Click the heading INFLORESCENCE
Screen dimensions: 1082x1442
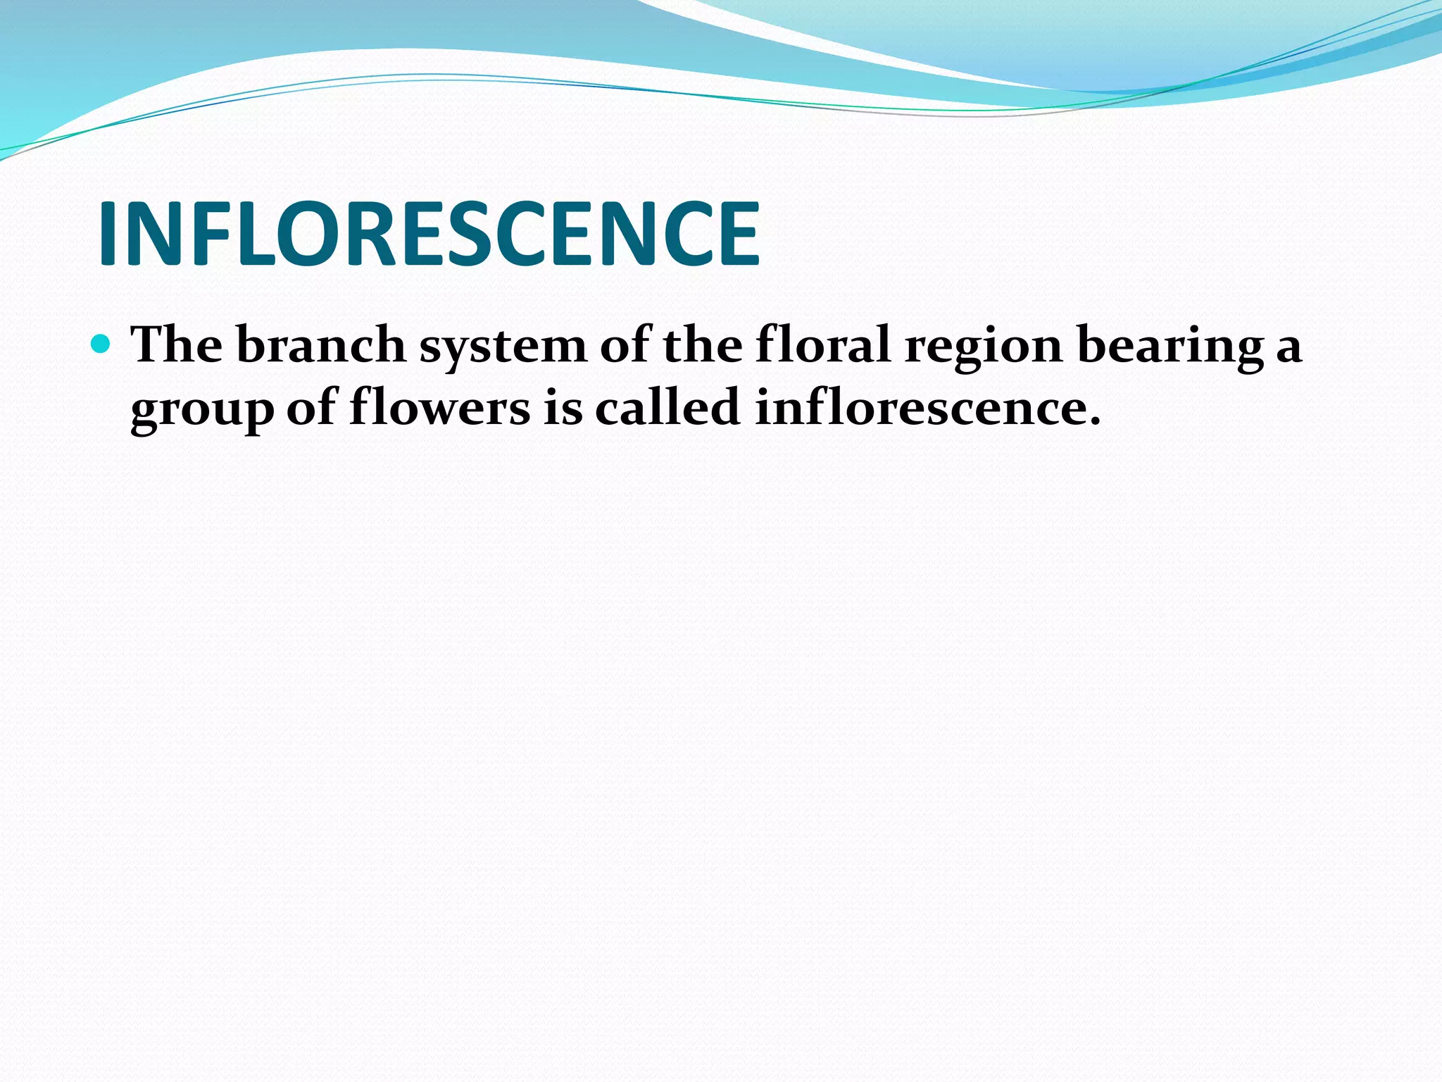point(430,234)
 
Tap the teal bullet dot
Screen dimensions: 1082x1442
point(101,344)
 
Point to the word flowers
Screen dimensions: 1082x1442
point(439,408)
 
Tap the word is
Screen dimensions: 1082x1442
point(563,408)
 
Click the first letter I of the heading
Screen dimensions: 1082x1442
point(108,234)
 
